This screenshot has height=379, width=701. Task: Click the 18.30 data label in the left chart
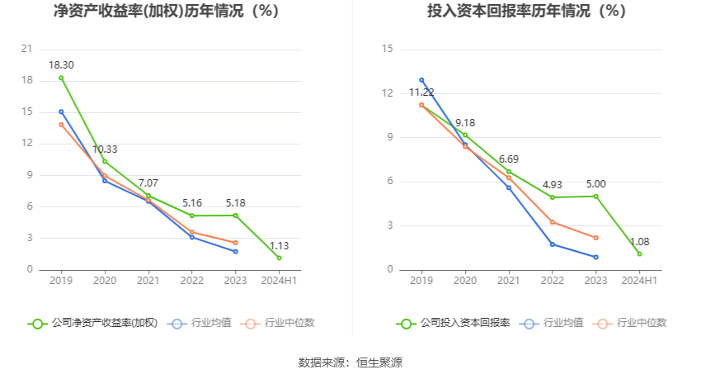click(x=61, y=65)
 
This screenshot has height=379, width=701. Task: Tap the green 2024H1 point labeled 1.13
click(x=280, y=258)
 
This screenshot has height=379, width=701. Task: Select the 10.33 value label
click(x=105, y=149)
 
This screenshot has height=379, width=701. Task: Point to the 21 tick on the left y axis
click(x=27, y=49)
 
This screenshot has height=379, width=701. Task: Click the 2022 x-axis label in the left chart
click(x=192, y=281)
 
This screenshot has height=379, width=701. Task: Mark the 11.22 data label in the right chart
click(x=421, y=92)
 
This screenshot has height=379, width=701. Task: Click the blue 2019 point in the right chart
click(x=421, y=80)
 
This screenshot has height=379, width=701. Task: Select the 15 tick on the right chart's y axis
click(x=387, y=50)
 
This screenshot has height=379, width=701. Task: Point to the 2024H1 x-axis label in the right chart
click(x=639, y=281)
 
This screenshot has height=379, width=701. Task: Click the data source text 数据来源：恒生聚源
click(x=350, y=362)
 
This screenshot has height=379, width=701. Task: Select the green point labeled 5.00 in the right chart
click(x=595, y=196)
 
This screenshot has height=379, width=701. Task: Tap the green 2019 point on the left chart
click(x=61, y=78)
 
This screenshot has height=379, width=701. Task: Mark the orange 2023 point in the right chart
click(x=595, y=238)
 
